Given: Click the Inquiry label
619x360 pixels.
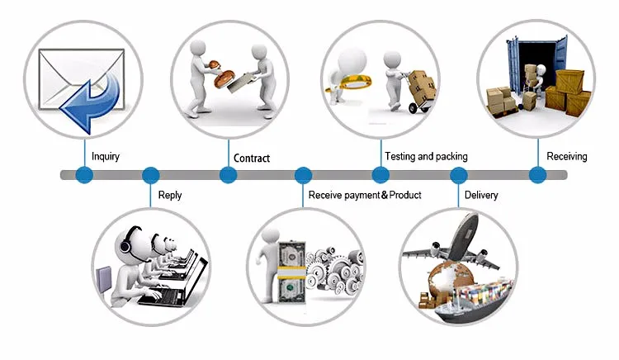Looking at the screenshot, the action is click(x=106, y=157).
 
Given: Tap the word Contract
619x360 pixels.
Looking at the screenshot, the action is click(x=252, y=159).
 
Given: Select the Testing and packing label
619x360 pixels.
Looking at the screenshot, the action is click(x=427, y=157).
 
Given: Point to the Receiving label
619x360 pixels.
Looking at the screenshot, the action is click(x=567, y=157).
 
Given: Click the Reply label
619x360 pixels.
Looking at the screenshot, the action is click(x=170, y=196).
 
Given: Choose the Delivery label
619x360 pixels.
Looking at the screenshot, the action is click(x=481, y=195).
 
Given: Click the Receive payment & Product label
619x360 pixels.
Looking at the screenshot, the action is click(x=365, y=195).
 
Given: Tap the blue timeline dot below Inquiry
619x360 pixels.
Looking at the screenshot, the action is click(x=84, y=175).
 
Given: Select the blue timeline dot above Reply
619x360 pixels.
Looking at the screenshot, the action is click(x=150, y=175).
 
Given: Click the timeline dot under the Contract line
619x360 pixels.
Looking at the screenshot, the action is click(x=228, y=175).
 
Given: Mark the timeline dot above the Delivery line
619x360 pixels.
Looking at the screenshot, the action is click(x=459, y=175).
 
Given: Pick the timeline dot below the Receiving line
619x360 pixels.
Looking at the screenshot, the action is click(x=537, y=175).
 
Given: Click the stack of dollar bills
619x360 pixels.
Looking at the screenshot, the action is click(x=291, y=272).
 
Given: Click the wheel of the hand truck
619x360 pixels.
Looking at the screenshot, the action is click(x=413, y=108).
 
